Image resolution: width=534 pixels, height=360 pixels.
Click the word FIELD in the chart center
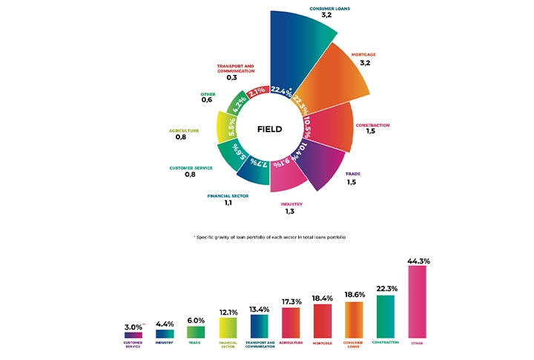269,129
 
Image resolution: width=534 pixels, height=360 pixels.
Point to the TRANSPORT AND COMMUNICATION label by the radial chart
236,68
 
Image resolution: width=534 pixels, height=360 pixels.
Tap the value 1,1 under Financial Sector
228,203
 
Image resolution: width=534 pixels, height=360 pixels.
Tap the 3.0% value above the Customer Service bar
133,327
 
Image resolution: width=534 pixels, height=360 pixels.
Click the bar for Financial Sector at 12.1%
228,327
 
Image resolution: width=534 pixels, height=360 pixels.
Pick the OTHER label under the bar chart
418,343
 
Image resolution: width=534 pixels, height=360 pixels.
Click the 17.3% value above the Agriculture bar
291,301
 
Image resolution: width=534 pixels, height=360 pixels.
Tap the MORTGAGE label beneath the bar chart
323,343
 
